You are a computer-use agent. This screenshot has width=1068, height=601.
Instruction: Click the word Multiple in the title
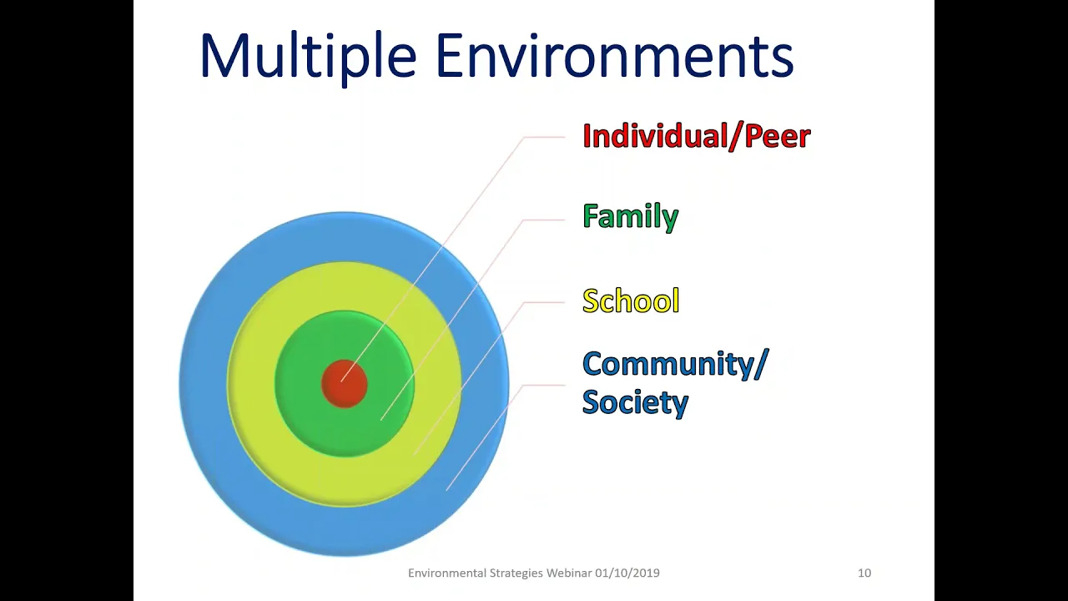pyautogui.click(x=308, y=55)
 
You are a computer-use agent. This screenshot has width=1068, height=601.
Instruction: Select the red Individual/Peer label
pyautogui.click(x=697, y=136)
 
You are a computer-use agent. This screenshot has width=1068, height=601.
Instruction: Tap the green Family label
pyautogui.click(x=630, y=217)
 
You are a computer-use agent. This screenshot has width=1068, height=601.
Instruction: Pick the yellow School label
pyautogui.click(x=631, y=300)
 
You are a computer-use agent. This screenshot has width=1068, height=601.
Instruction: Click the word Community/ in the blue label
pyautogui.click(x=676, y=365)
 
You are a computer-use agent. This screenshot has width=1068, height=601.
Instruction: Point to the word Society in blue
pyautogui.click(x=635, y=402)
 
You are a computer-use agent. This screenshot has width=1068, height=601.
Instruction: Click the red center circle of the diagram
pyautogui.click(x=345, y=384)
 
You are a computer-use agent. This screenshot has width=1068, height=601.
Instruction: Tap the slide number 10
pyautogui.click(x=864, y=573)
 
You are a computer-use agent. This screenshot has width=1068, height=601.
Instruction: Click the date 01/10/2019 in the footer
pyautogui.click(x=627, y=573)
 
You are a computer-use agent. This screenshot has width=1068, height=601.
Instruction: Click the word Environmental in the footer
pyautogui.click(x=448, y=573)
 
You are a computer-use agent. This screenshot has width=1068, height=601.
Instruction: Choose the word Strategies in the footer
pyautogui.click(x=516, y=573)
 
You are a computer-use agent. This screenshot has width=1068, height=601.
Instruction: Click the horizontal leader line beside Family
pyautogui.click(x=544, y=220)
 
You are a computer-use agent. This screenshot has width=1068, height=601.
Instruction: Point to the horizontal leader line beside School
pyautogui.click(x=544, y=302)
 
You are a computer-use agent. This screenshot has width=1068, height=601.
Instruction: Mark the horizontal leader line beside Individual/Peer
pyautogui.click(x=544, y=137)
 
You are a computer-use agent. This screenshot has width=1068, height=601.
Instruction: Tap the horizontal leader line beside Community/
pyautogui.click(x=544, y=385)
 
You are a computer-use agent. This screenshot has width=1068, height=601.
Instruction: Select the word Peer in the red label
pyautogui.click(x=777, y=136)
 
